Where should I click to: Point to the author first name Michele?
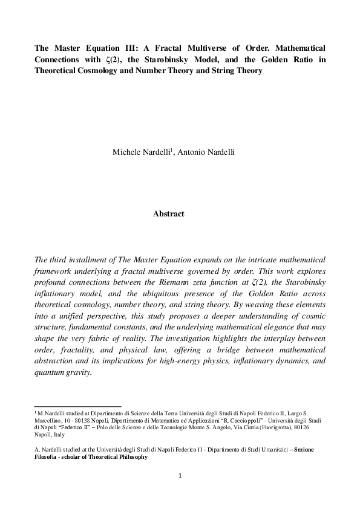(126, 152)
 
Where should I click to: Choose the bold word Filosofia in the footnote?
(50, 457)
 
